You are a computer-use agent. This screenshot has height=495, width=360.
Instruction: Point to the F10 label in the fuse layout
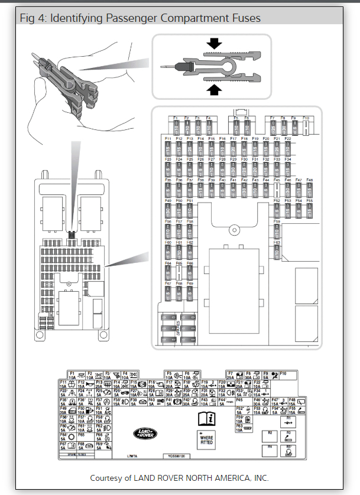tap(306, 118)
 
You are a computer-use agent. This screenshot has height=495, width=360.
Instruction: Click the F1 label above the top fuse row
tap(176, 118)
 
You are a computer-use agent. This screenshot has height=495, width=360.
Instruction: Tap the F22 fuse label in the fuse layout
tap(288, 138)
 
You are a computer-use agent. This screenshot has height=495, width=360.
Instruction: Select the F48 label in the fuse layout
tap(309, 180)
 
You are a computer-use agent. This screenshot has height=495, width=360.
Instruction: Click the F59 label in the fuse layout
tap(277, 221)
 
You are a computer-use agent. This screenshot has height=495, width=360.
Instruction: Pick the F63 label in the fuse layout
tap(277, 242)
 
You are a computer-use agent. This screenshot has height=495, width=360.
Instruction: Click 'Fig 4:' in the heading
tap(34, 18)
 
